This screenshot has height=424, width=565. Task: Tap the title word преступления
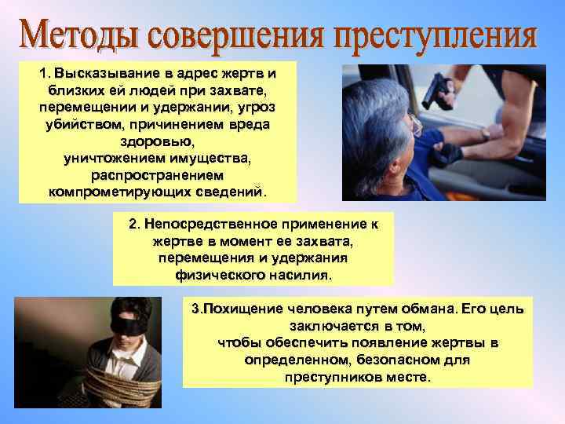tap(439, 35)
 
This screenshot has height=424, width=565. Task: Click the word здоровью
tap(158, 142)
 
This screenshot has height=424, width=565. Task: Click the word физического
tap(223, 276)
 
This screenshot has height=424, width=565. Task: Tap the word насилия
tap(303, 276)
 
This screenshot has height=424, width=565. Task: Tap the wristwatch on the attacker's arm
tap(486, 134)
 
